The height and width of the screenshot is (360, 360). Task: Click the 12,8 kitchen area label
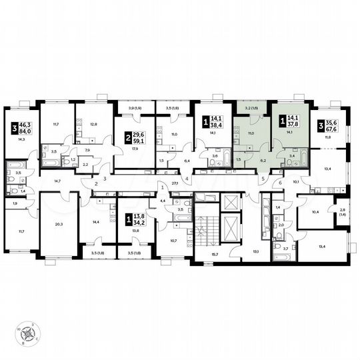click(93, 123)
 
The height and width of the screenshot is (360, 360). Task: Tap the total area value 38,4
click(217, 125)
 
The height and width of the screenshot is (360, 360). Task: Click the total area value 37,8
click(293, 124)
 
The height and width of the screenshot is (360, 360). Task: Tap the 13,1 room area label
click(255, 251)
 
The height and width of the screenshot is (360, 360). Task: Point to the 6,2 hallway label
click(262, 161)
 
